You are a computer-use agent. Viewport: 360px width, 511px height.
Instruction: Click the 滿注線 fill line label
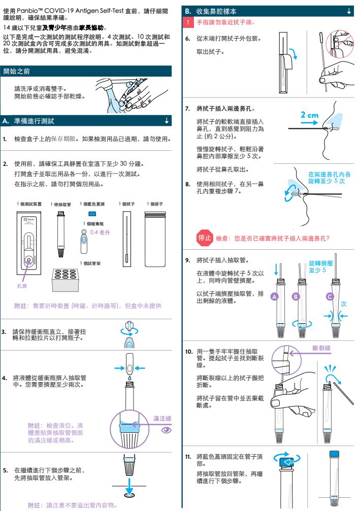[x=162, y=418]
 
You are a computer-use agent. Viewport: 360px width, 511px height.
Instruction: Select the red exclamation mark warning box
[x=188, y=23]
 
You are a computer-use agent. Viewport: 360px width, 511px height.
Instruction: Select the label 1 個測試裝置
[x=29, y=203]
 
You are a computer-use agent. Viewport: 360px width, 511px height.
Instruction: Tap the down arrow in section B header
[x=348, y=11]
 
